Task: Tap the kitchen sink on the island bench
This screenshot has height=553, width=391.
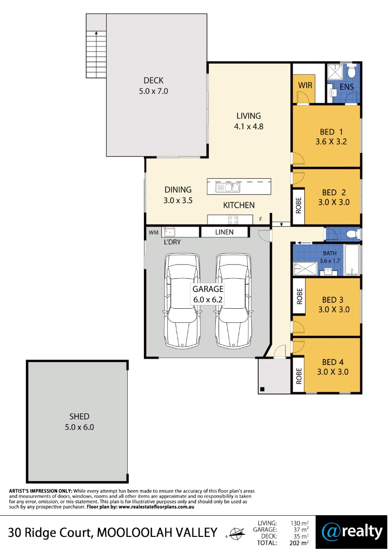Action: tap(227, 188)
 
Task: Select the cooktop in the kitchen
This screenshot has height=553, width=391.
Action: tap(233, 220)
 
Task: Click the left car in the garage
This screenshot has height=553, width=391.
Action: tap(182, 301)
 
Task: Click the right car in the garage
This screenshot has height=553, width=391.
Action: tap(233, 301)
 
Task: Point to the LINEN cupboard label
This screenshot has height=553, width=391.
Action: tap(224, 232)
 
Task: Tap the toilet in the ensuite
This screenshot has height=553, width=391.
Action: tap(351, 71)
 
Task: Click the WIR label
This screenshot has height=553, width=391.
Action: tap(305, 85)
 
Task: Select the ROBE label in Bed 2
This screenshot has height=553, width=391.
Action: tap(299, 206)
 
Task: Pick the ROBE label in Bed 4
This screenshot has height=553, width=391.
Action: tap(299, 376)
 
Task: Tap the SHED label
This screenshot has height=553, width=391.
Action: tap(79, 417)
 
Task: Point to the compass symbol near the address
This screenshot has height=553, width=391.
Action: tap(236, 533)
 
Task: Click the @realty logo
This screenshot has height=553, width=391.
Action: tap(352, 533)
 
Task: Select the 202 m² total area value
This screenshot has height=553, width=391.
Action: tap(299, 543)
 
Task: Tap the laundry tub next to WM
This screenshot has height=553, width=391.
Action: tap(168, 232)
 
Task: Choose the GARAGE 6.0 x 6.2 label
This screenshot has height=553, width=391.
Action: tap(208, 294)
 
